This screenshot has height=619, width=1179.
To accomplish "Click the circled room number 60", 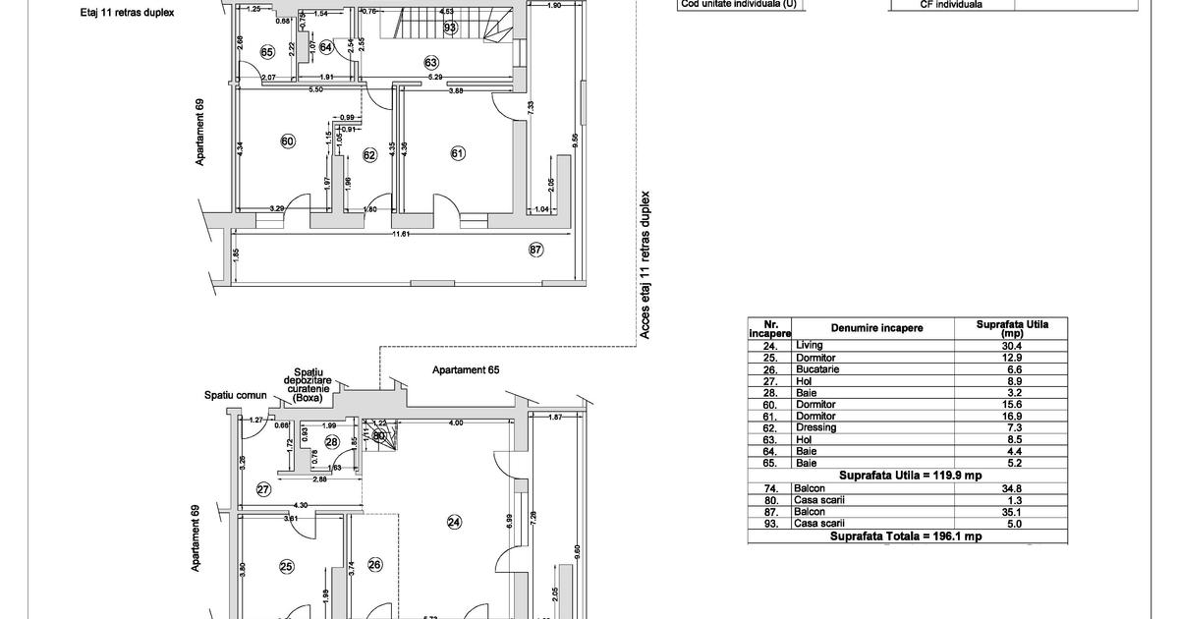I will pyautogui.click(x=288, y=141).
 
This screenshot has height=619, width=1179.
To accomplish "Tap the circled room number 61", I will pyautogui.click(x=458, y=152).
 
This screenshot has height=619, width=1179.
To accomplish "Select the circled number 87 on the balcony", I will pyautogui.click(x=536, y=250).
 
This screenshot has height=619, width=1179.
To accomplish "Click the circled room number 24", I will pyautogui.click(x=454, y=523).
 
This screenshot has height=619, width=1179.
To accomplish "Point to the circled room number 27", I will pyautogui.click(x=263, y=488).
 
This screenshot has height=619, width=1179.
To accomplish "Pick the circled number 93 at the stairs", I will pyautogui.click(x=450, y=28).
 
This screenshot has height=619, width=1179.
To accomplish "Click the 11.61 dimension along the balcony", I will pyautogui.click(x=400, y=234).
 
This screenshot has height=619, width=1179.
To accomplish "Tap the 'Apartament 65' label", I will pyautogui.click(x=460, y=370).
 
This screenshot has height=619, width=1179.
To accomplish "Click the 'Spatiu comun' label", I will pyautogui.click(x=236, y=395).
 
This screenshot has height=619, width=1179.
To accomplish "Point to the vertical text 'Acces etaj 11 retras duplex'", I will pyautogui.click(x=646, y=265).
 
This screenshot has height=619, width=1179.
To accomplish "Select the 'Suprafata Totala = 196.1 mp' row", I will pyautogui.click(x=905, y=536).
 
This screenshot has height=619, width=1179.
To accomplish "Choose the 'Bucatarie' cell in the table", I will pyautogui.click(x=818, y=369).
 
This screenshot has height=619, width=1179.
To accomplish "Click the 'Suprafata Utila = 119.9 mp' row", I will pyautogui.click(x=905, y=475).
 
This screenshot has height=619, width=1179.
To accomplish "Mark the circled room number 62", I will pyautogui.click(x=370, y=154).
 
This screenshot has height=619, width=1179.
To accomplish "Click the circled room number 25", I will pyautogui.click(x=286, y=566).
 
